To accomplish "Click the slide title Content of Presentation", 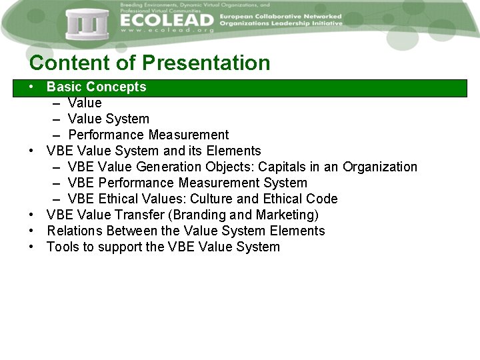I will click(x=150, y=63).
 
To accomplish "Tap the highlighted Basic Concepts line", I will click(x=96, y=87).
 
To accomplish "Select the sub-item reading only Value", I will click(x=85, y=103).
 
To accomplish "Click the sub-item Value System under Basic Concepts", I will click(x=108, y=119).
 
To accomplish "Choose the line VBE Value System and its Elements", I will click(x=153, y=151).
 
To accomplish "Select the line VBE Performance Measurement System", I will click(x=187, y=183).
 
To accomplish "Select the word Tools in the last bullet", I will click(x=62, y=247).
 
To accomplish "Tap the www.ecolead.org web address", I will click(x=167, y=31).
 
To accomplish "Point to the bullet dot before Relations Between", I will click(x=32, y=231).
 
